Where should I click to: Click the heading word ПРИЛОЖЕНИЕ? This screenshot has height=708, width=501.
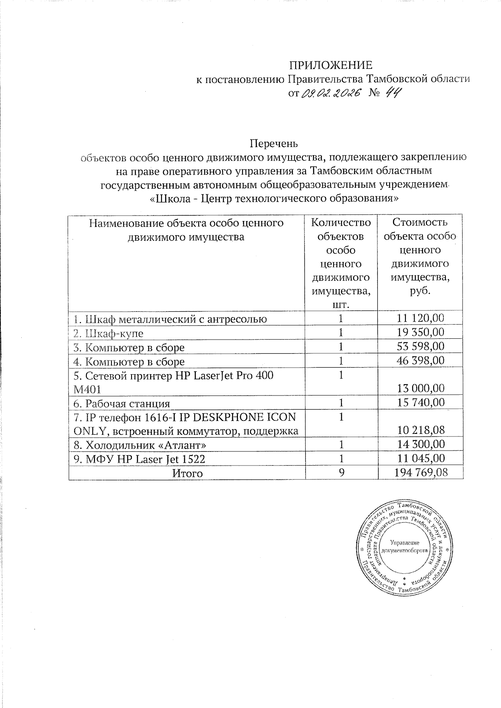point(331,66)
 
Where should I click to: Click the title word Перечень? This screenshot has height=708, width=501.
point(274,144)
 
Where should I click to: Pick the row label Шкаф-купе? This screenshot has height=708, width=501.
point(108,333)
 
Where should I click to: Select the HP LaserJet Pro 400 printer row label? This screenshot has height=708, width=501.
point(173,382)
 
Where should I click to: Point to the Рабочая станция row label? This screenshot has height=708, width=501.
point(121,403)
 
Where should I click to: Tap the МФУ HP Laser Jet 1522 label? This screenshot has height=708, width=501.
point(139,459)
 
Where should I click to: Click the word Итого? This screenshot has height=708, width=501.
point(187,473)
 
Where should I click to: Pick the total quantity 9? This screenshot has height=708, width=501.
point(341,473)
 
